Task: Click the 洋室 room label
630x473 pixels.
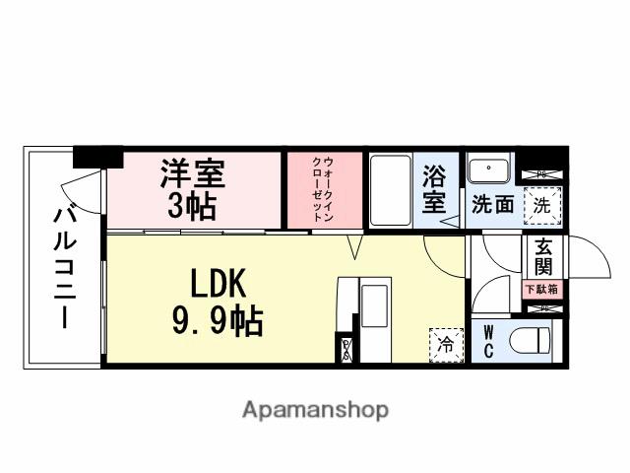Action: (x=193, y=173)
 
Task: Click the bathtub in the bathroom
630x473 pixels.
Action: (x=390, y=189)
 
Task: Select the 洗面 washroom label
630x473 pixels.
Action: (x=491, y=206)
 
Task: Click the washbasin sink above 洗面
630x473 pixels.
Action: (x=489, y=172)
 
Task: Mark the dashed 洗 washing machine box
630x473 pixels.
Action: (x=540, y=206)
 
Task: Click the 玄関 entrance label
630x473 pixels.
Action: (x=542, y=258)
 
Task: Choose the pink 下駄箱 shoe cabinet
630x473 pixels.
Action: (x=540, y=290)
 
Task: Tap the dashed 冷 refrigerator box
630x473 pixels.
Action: (x=445, y=344)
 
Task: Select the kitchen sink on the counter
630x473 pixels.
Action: (x=375, y=304)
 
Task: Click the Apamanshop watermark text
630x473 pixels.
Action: (x=315, y=409)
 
